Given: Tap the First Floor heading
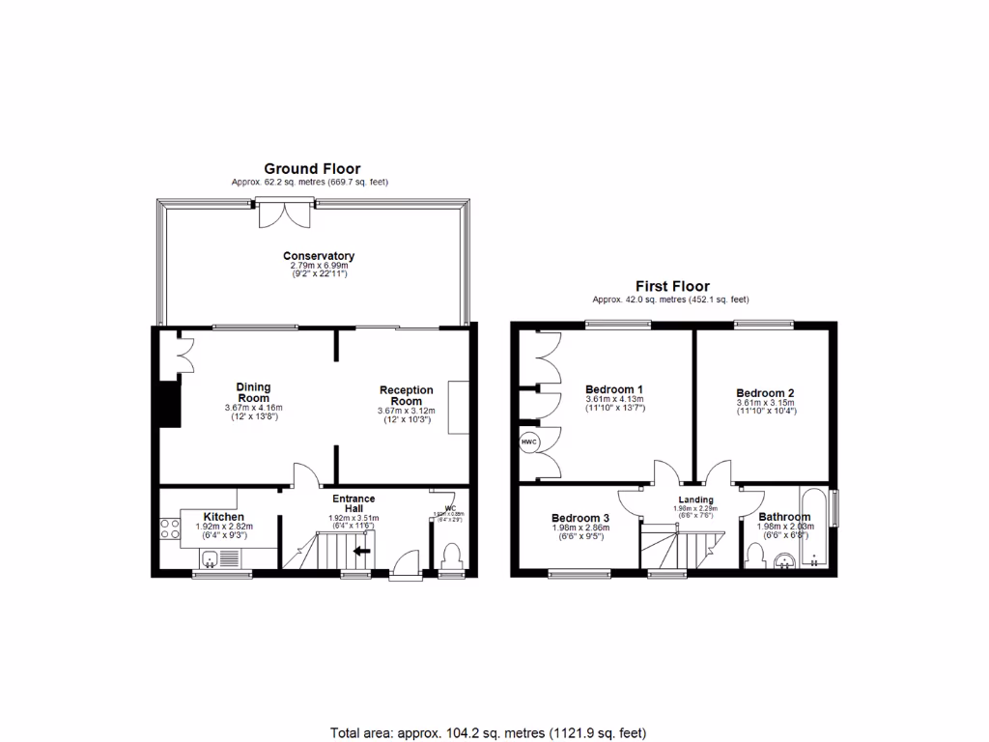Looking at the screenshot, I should pos(671,286).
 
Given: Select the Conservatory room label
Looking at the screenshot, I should pos(319,256).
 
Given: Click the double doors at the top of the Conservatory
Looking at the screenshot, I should pos(285,212).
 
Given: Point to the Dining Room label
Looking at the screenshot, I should pos(253,392).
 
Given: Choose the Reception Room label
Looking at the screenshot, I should pos(406,395).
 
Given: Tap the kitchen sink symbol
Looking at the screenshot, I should pos(210,557).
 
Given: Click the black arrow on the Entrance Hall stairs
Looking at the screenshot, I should pos(363,552).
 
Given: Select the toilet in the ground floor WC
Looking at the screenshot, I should pos(451,557).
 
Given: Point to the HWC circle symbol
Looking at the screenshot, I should pos(528,442).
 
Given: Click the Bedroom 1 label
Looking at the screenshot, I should pos(614,390).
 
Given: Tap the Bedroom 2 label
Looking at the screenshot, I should pos(765,393).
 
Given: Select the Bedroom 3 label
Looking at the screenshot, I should pos(580,517).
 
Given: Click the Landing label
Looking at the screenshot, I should pos(695,499).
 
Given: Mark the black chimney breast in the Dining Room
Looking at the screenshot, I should pos(170,404).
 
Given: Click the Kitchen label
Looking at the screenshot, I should pos(223,517).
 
